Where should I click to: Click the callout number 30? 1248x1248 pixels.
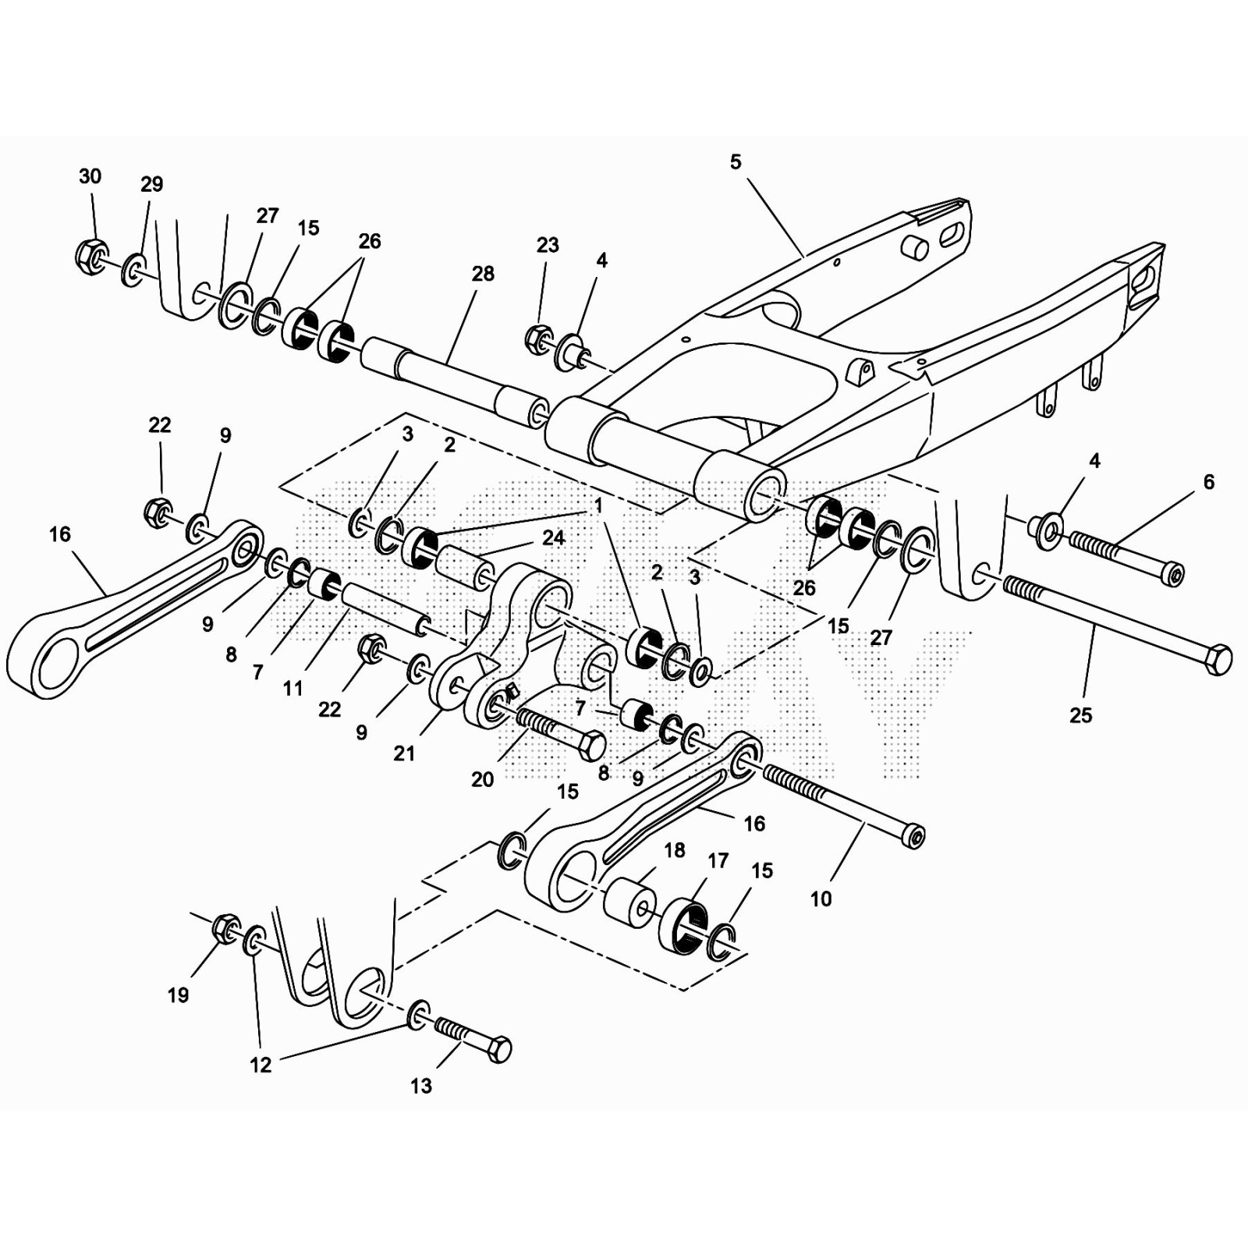tap(90, 176)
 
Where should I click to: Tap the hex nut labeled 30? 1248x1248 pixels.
tap(92, 255)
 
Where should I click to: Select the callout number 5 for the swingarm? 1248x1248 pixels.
tap(736, 161)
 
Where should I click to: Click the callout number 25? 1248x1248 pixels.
tap(1080, 714)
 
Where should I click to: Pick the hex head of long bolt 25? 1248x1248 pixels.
tap(1219, 660)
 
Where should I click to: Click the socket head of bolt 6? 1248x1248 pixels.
tap(1172, 575)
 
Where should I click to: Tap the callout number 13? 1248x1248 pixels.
tap(421, 1085)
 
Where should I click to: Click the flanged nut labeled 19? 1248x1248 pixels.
tap(225, 927)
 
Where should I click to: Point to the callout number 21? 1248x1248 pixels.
tap(404, 753)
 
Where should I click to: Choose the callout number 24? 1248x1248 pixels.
tap(554, 537)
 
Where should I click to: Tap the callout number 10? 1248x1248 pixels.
tap(821, 899)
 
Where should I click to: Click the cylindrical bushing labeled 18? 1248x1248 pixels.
tap(630, 903)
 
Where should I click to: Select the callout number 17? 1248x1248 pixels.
tap(718, 860)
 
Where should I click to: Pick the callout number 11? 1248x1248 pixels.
tap(292, 688)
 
